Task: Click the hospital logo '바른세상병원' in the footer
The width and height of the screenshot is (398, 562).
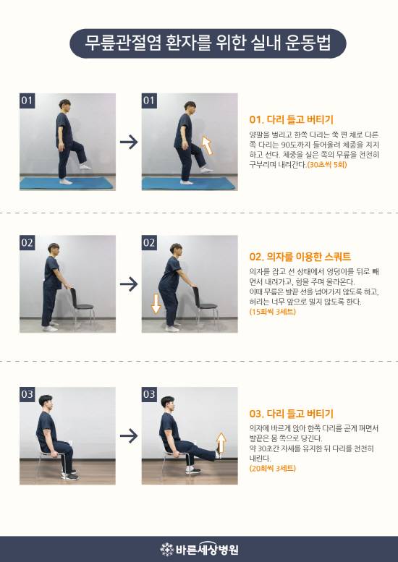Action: pyautogui.click(x=199, y=549)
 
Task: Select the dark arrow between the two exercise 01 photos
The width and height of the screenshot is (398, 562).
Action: pyautogui.click(x=128, y=142)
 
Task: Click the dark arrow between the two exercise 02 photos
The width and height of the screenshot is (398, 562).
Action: pyautogui.click(x=128, y=284)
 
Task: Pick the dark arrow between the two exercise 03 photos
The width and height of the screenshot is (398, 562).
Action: pyautogui.click(x=128, y=435)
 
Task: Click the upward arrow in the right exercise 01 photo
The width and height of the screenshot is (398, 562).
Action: pyautogui.click(x=207, y=145)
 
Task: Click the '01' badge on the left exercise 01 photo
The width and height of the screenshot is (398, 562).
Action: pyautogui.click(x=27, y=101)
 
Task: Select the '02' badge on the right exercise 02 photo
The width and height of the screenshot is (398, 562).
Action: pyautogui.click(x=150, y=242)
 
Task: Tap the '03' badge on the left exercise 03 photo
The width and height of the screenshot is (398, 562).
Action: pyautogui.click(x=27, y=394)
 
